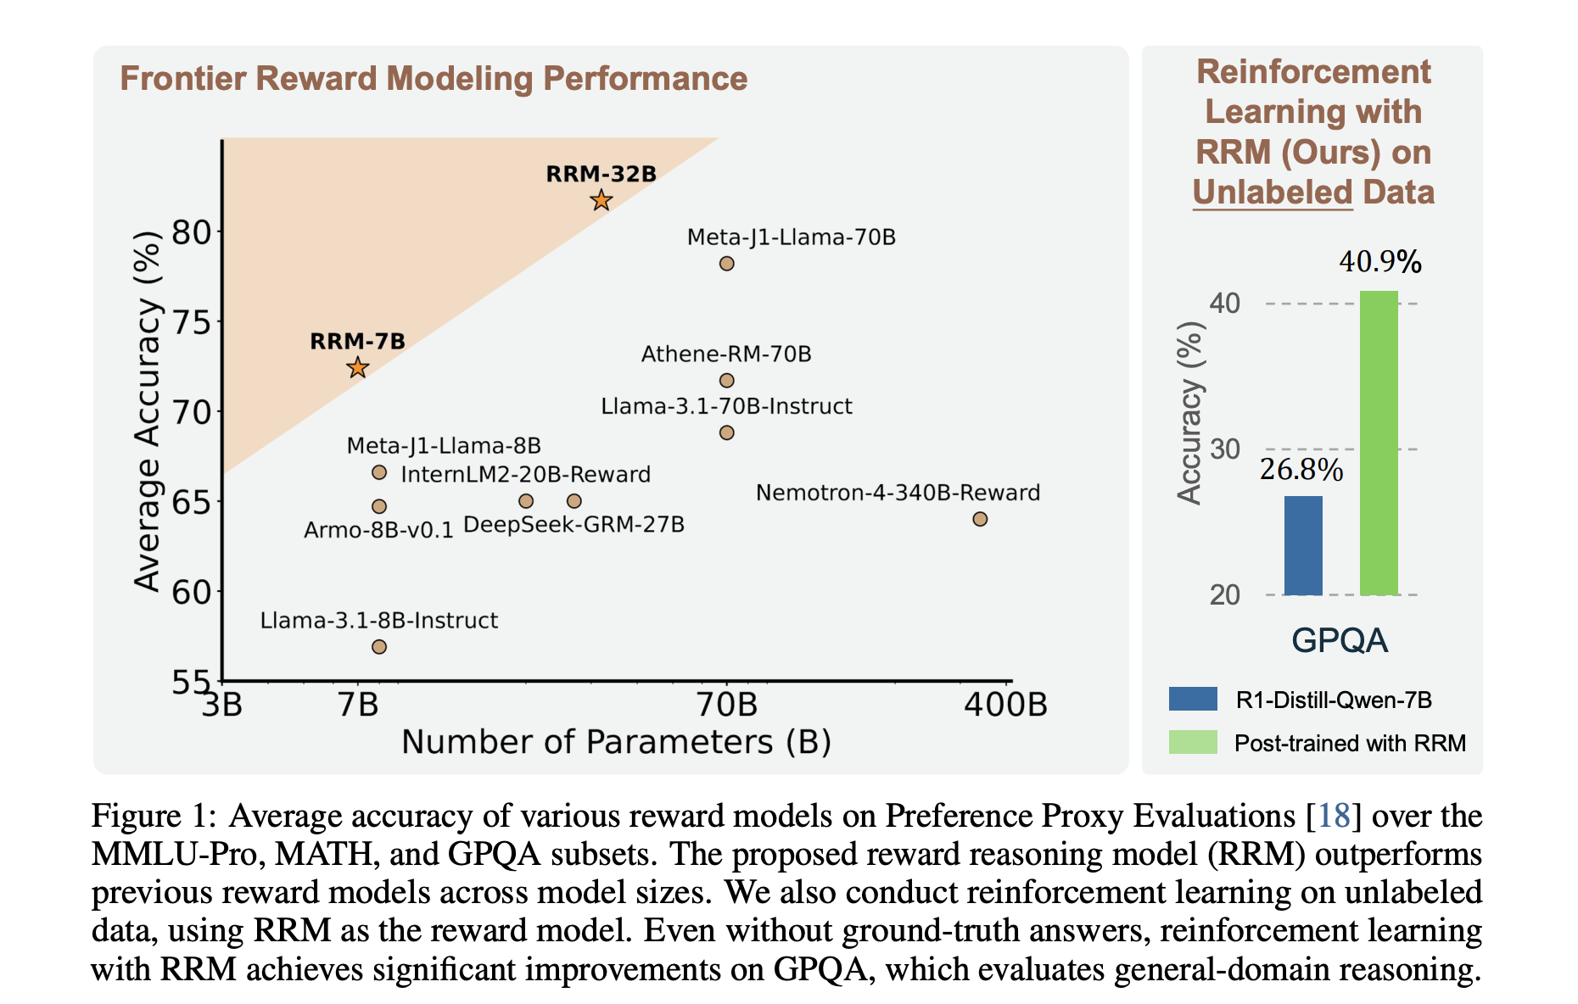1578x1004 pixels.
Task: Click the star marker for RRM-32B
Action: tap(602, 201)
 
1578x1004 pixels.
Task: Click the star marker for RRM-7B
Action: tap(358, 368)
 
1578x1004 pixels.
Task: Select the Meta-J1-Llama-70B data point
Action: tap(726, 264)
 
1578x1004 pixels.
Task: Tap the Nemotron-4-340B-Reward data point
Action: tap(980, 519)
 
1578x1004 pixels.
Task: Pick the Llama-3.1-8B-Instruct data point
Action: tap(379, 647)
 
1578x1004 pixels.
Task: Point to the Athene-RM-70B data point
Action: tap(726, 381)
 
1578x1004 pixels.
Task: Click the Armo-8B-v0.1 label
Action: tap(378, 531)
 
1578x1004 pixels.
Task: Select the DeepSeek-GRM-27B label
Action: tap(574, 525)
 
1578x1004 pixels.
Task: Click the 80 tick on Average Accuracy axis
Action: tap(192, 231)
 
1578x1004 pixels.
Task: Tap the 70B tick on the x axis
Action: tap(726, 705)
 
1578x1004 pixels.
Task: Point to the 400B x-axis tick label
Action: tap(1005, 705)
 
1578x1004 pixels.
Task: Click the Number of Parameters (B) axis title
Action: tap(616, 742)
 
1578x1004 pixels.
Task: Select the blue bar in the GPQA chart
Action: tap(1303, 546)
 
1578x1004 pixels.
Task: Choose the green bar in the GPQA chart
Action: tap(1379, 443)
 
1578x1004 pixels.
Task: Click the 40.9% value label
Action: tap(1380, 262)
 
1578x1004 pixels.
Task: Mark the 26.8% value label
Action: tap(1301, 470)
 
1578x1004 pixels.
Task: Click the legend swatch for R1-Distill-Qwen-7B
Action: tap(1193, 699)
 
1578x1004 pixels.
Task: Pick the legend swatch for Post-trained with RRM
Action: tap(1193, 742)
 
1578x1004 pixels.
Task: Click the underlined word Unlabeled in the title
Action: tap(1272, 192)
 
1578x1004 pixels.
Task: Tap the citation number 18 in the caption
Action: tap(1335, 816)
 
